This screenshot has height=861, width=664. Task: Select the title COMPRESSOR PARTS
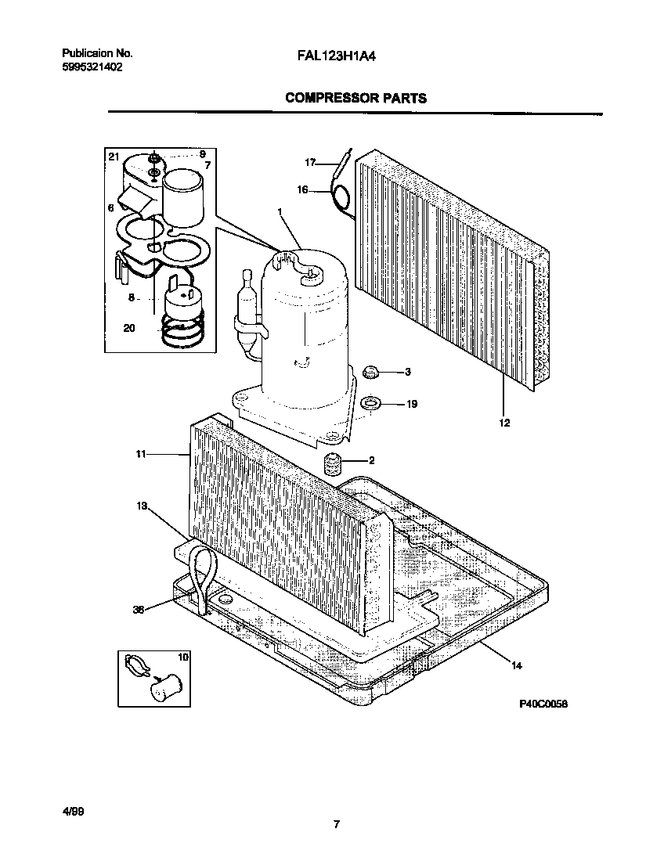(x=355, y=98)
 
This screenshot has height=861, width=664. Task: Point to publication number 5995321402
(x=92, y=67)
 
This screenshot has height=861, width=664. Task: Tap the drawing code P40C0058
(x=543, y=704)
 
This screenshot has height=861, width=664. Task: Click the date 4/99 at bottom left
(x=71, y=812)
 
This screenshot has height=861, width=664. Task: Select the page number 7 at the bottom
(x=335, y=824)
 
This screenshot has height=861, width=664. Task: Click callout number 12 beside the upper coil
(x=504, y=423)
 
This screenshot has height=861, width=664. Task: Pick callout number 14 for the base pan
(x=516, y=666)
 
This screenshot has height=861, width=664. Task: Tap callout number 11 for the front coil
(x=141, y=453)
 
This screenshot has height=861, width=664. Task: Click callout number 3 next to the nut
(x=407, y=372)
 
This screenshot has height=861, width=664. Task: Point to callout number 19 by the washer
(x=411, y=404)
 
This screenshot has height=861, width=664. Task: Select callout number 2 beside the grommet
(x=372, y=460)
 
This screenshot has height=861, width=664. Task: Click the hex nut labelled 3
(x=372, y=371)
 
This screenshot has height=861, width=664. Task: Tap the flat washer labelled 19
(x=370, y=404)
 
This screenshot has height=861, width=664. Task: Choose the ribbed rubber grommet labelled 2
(x=334, y=463)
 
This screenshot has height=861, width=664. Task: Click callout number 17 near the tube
(x=309, y=163)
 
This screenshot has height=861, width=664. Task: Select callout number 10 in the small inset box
(x=183, y=657)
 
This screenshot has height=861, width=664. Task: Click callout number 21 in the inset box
(x=114, y=157)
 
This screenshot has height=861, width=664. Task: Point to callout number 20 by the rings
(x=129, y=329)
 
